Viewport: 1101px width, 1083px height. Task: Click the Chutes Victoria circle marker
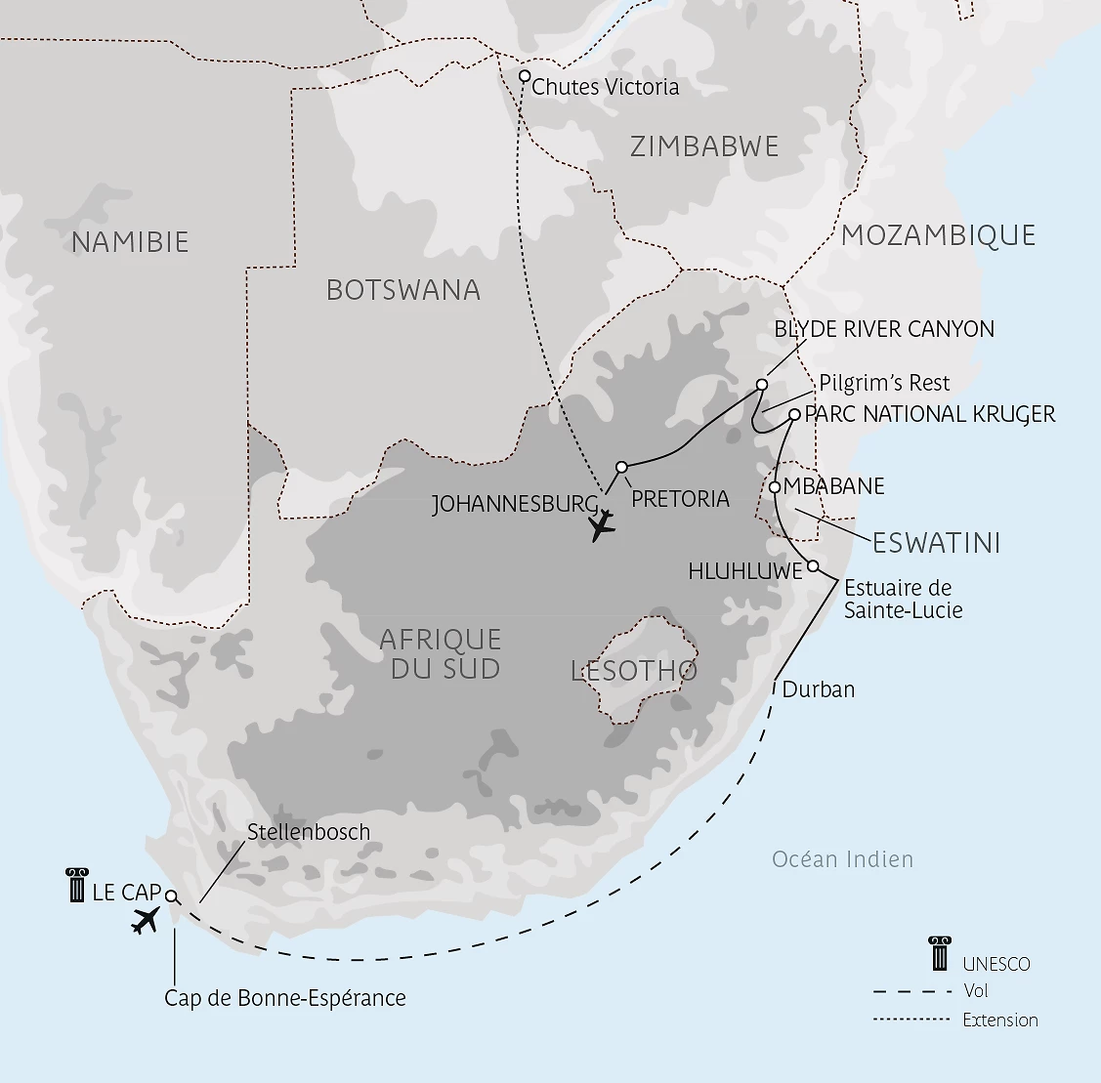coord(525,76)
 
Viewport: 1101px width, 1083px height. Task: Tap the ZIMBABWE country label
coord(704,147)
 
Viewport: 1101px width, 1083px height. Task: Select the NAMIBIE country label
coord(130,242)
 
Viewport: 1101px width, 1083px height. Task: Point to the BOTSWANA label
coord(403,290)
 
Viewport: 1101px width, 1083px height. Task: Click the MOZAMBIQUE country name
coord(938,235)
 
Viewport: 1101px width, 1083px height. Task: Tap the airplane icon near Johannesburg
coord(603,525)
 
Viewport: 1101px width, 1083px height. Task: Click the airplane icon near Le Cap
coord(146,920)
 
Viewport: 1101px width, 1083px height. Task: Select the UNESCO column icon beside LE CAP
coord(75,885)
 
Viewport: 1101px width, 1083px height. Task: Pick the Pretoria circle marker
coord(621,467)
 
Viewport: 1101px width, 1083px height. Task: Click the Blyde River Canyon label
coord(883,329)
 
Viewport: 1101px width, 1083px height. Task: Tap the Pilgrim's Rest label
coord(884,382)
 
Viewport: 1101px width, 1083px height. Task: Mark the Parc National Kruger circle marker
coord(794,414)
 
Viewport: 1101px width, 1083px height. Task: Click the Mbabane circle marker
coord(775,486)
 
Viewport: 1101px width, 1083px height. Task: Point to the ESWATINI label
coord(936,543)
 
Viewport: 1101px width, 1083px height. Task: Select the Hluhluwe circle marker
coord(813,565)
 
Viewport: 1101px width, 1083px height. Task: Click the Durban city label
coord(818,689)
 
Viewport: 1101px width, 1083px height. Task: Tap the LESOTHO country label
coord(633,671)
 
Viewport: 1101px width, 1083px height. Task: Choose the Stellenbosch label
coord(309,832)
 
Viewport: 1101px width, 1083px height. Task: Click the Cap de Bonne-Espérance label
coord(284,997)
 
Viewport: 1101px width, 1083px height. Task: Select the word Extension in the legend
coord(999,1021)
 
